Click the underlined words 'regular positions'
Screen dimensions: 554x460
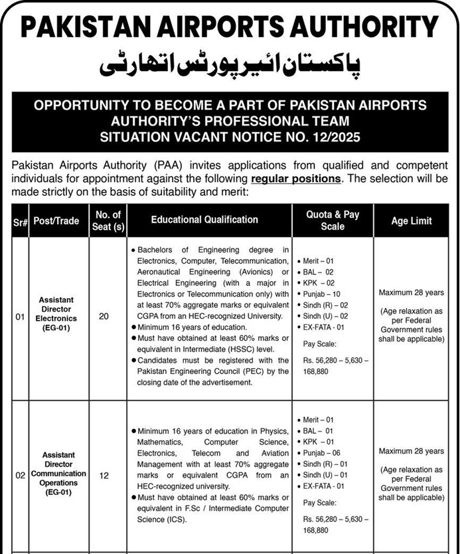point(296,179)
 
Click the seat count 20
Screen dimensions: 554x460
point(104,317)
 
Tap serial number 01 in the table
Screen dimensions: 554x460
point(20,318)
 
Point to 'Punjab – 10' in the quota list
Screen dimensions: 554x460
point(322,294)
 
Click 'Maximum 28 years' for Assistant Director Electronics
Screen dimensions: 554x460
point(412,292)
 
